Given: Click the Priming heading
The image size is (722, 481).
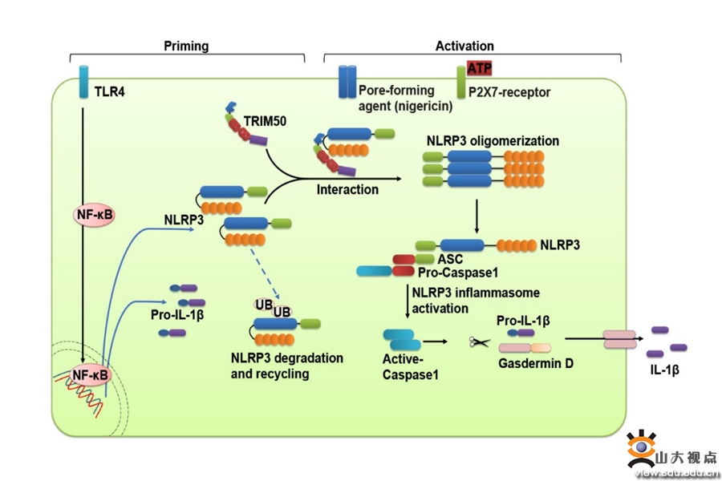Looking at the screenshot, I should [x=186, y=46].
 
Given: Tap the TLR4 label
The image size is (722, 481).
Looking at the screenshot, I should [x=110, y=91].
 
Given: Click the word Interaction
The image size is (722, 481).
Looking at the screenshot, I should [x=347, y=190].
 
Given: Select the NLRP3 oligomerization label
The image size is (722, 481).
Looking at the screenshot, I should [x=493, y=141].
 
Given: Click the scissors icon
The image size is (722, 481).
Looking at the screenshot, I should [x=480, y=342].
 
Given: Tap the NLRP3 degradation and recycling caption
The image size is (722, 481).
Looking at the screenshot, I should [x=286, y=366].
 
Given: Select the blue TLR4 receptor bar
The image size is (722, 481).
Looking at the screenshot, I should [x=83, y=83].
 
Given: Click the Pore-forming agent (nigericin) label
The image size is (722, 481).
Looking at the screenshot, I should [x=406, y=98].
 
